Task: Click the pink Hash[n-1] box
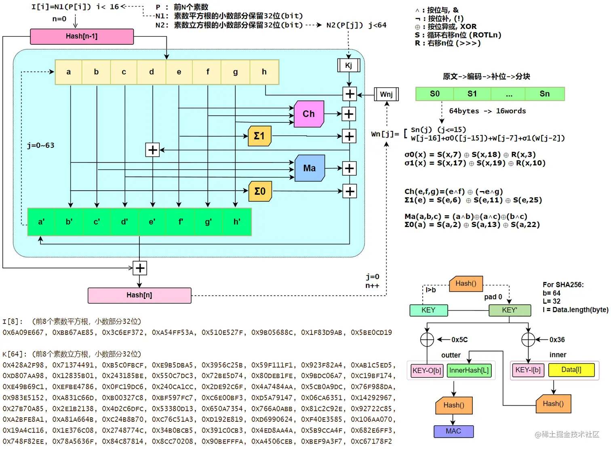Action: coord(82,36)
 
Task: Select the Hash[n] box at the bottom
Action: coord(139,295)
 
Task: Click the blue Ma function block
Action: coord(310,168)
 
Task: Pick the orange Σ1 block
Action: coord(259,136)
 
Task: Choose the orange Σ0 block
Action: coord(260,191)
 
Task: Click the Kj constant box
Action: coord(348,65)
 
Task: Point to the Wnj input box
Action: coord(386,94)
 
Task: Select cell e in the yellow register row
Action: coord(179,72)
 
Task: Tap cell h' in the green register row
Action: coord(237,222)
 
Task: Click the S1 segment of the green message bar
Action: coord(472,94)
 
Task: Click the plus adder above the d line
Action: coord(152,150)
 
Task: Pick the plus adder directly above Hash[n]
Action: coord(140,268)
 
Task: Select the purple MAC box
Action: coord(453,431)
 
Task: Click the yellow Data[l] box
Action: coord(571,370)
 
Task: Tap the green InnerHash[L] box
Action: coord(469,370)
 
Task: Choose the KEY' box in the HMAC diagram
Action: coord(509,310)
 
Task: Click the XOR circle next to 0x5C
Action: coord(427,340)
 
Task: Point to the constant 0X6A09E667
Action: coord(23,332)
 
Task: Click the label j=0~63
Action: coord(40,145)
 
